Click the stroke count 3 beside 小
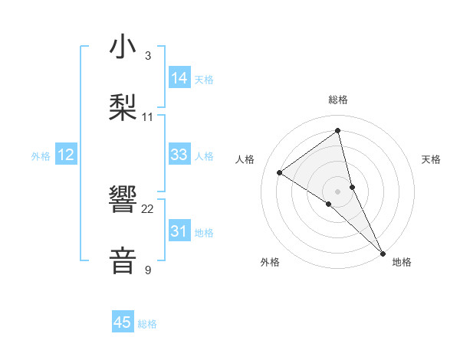tap(147, 56)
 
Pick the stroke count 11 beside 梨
tap(148, 116)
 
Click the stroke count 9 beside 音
tap(147, 270)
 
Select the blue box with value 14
tap(179, 77)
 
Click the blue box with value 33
tap(179, 155)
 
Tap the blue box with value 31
tap(179, 231)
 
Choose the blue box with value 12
tap(66, 155)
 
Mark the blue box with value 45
tap(123, 322)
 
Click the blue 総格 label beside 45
tap(147, 324)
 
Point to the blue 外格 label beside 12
tap(41, 156)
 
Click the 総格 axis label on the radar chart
tap(338, 100)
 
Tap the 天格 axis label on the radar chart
tap(432, 159)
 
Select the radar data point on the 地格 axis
tap(383, 252)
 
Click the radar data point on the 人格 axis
tap(280, 172)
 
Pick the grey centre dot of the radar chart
tap(338, 190)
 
